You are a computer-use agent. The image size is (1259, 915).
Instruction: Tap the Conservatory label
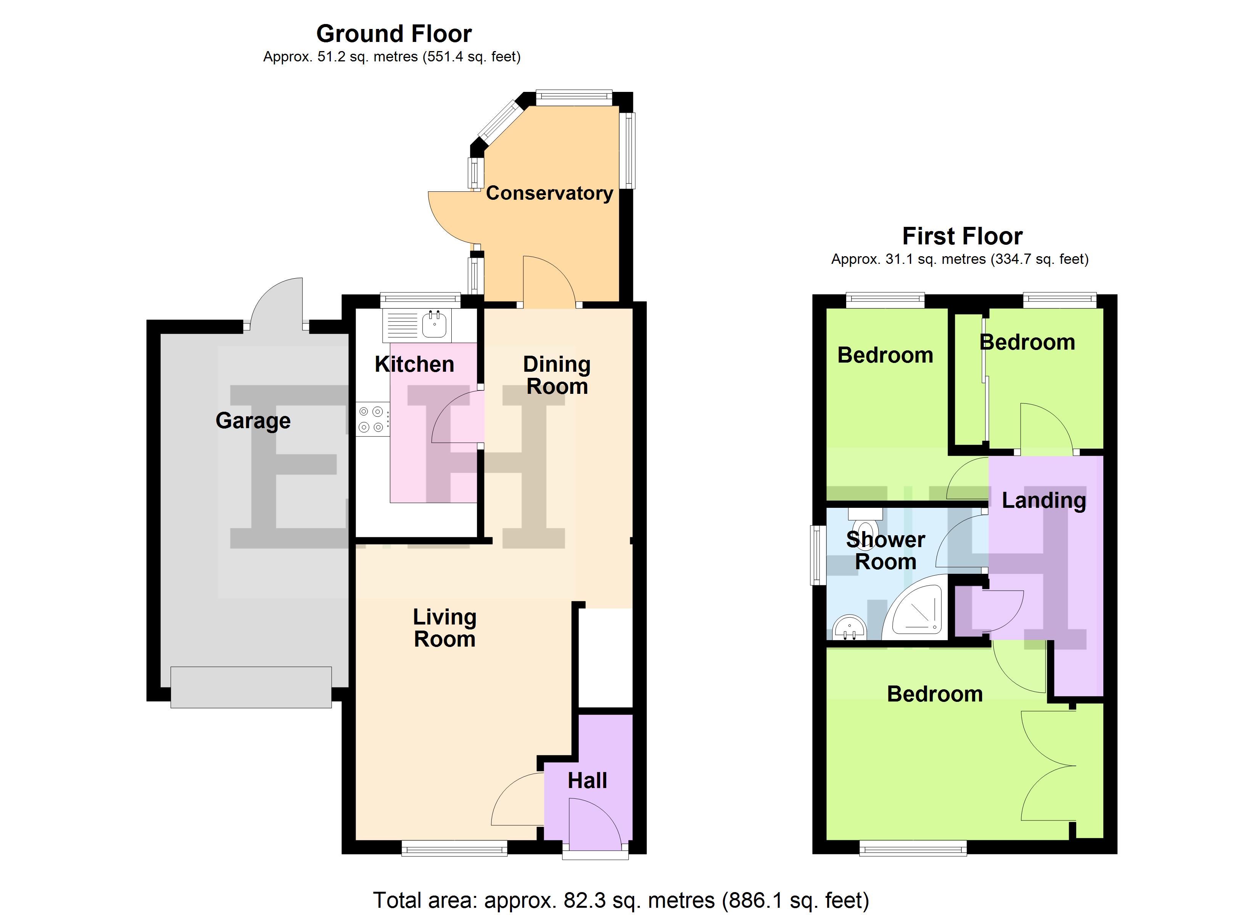click(x=549, y=193)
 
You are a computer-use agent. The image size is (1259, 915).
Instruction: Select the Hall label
click(x=587, y=781)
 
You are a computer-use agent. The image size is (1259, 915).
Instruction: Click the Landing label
click(x=1043, y=501)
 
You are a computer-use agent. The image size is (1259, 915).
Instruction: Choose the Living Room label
click(x=444, y=628)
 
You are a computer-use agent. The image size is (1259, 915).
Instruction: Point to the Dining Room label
click(x=557, y=375)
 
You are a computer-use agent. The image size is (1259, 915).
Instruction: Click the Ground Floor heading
click(x=394, y=34)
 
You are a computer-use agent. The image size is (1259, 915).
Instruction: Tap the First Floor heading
click(x=962, y=236)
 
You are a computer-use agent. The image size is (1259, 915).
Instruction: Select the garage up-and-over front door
click(x=251, y=687)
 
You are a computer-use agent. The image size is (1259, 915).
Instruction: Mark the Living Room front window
click(x=454, y=848)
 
